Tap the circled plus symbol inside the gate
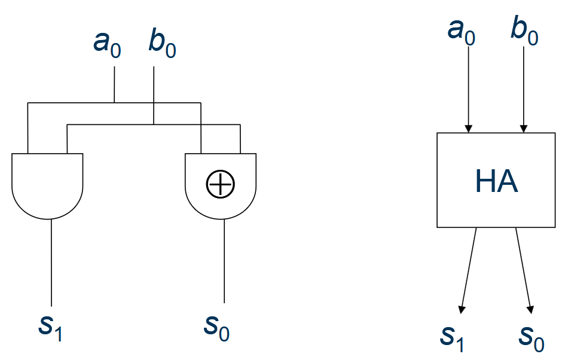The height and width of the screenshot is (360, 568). coord(221,184)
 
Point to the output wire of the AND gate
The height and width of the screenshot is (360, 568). coord(52,263)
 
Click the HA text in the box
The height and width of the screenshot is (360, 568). coord(496,181)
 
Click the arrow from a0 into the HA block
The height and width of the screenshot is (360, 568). coord(469,90)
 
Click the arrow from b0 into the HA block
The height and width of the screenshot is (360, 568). coord(524,90)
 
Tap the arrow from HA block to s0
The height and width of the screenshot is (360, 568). coord(524,269)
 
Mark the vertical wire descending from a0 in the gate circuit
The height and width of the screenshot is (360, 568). coord(114,84)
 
